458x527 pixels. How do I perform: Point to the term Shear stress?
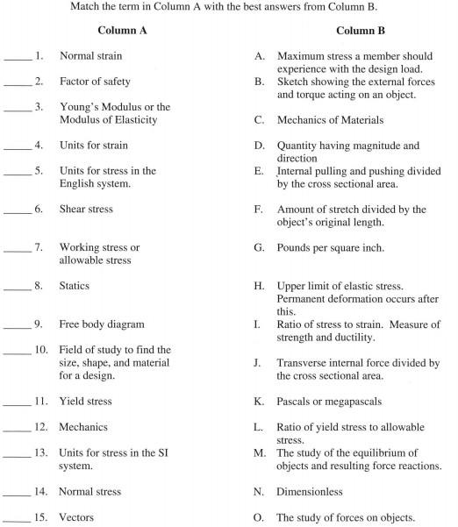click(x=86, y=210)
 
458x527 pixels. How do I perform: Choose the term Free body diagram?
click(x=102, y=324)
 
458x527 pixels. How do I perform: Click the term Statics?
click(x=75, y=286)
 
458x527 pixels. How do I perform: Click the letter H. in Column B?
click(x=259, y=287)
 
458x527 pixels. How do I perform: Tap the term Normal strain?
click(x=91, y=57)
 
